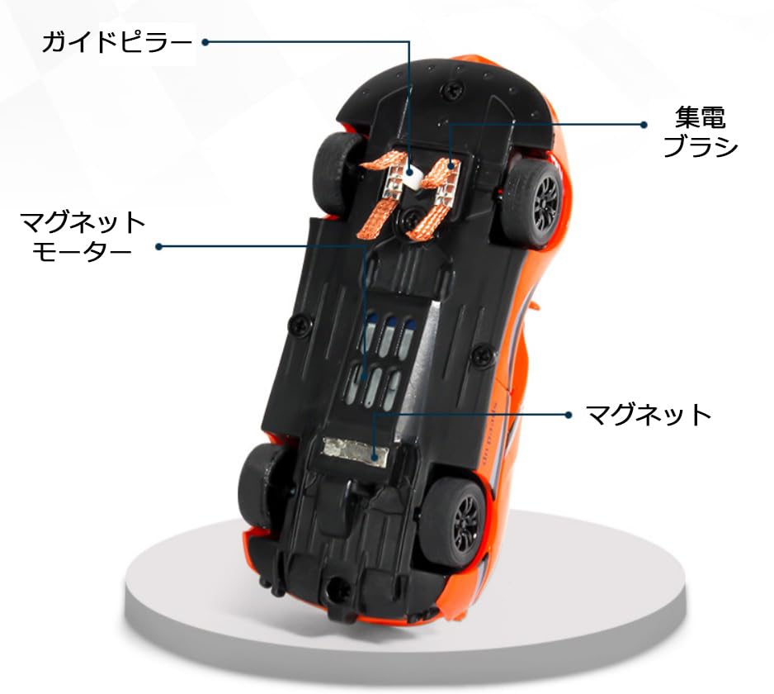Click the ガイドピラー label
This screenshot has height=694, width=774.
116,41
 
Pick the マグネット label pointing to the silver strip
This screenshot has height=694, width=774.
648,414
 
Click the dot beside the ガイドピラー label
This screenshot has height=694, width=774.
205,41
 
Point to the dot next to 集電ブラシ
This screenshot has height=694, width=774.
644,125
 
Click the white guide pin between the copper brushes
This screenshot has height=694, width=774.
418,173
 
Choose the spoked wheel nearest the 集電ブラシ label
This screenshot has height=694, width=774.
536,199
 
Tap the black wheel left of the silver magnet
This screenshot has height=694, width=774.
262,484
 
